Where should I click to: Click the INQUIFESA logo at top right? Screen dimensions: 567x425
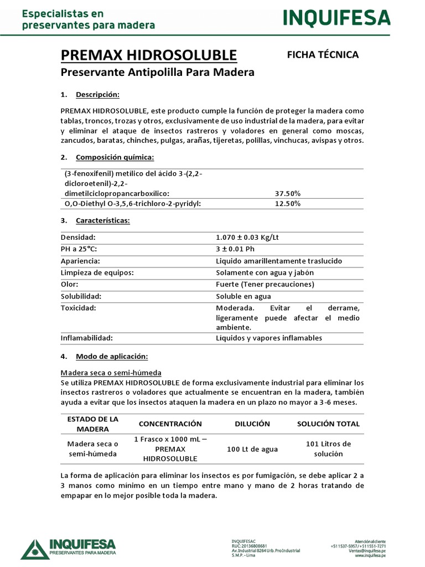(x=336, y=18)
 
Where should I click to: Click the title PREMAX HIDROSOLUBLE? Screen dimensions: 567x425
(x=148, y=55)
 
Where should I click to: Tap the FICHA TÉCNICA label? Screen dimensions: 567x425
(x=323, y=54)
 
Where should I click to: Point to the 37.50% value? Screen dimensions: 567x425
(x=288, y=193)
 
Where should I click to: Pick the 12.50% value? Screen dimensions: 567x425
(x=288, y=204)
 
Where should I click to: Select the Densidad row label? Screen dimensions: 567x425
(x=78, y=237)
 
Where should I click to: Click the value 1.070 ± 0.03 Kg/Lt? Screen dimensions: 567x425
(x=247, y=237)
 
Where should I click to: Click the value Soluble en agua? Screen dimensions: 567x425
(x=243, y=296)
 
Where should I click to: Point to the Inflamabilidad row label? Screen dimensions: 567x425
(x=86, y=338)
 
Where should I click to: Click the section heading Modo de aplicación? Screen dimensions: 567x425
(x=112, y=355)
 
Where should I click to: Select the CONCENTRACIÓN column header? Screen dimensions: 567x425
(x=170, y=424)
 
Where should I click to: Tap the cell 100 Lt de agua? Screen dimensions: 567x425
(x=252, y=449)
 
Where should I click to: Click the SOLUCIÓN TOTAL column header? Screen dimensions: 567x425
(x=328, y=424)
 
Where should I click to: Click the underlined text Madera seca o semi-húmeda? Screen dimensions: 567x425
(x=110, y=373)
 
